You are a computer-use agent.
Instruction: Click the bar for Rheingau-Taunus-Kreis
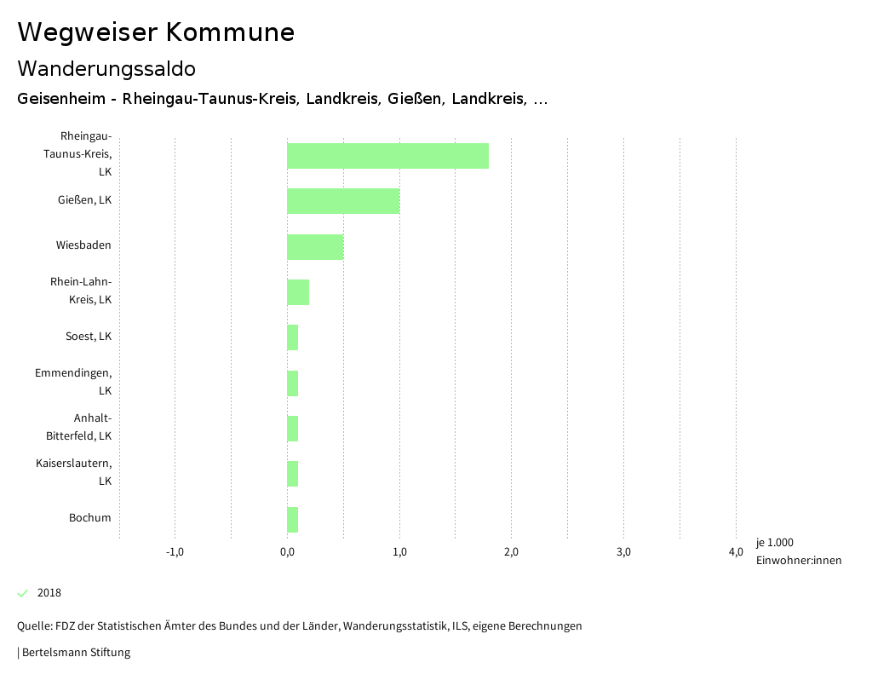(x=387, y=156)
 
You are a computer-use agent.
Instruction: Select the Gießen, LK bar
(x=343, y=201)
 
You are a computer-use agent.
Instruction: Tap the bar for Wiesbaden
(x=315, y=246)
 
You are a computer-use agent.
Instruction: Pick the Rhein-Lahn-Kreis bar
(x=298, y=291)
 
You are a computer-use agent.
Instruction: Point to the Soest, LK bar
(x=293, y=337)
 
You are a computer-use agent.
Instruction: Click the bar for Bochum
(x=293, y=519)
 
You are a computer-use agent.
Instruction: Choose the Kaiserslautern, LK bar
(x=293, y=473)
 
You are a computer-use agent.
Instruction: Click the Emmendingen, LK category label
(x=73, y=382)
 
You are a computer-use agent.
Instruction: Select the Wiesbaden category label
(x=83, y=245)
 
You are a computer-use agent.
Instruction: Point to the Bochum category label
(x=89, y=517)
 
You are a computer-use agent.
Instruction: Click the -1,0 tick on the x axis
(x=175, y=552)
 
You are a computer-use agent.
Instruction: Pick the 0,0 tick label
(x=287, y=552)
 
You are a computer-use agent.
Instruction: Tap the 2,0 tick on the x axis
(x=511, y=552)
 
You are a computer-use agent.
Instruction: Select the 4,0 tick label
(x=735, y=552)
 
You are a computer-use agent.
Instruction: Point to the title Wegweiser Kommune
(x=156, y=32)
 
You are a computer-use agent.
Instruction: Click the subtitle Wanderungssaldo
(x=106, y=68)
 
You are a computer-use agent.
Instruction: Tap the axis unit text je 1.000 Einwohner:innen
(x=798, y=551)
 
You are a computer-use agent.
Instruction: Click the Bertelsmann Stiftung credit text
(x=75, y=653)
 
